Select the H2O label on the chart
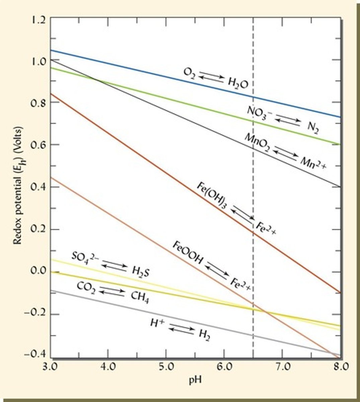click(x=238, y=84)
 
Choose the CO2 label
click(x=86, y=287)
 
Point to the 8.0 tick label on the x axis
click(x=340, y=366)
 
